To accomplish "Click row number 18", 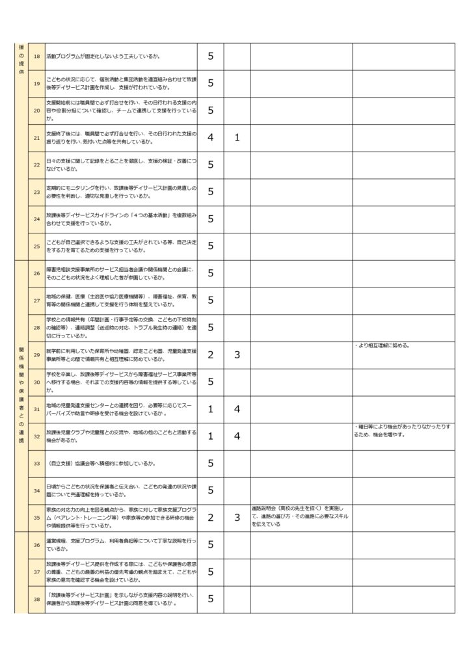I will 36,56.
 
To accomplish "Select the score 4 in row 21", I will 210,137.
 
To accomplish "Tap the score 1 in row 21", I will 237,137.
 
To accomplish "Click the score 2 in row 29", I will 210,354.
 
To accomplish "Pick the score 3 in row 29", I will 237,354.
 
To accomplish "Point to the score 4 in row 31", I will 237,409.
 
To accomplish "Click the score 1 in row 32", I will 210,436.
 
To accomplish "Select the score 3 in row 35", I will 237,518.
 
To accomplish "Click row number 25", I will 36,246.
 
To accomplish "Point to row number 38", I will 36,599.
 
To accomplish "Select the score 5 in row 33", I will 210,463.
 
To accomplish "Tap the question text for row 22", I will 121,165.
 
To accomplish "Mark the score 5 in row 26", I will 210,273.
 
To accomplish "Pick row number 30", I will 36,382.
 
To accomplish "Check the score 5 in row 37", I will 210,572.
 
